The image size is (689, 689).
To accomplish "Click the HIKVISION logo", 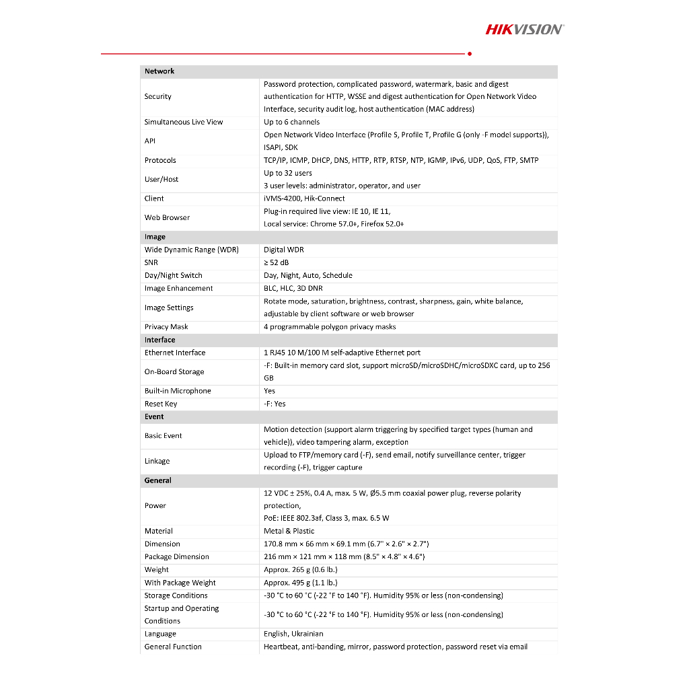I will point(525,29).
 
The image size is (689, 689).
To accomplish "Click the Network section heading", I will point(159,71).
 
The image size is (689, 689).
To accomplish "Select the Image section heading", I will point(155,237).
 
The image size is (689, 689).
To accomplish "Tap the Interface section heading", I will point(159,340).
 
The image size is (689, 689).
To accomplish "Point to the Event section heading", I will point(154,416).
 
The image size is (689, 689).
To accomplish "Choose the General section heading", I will point(158,480).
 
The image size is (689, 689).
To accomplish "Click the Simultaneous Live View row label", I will point(184,122).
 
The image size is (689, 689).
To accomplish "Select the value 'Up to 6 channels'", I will point(292,122).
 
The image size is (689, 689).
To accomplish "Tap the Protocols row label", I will point(160,160).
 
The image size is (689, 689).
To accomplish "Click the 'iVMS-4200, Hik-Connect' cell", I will point(304,198).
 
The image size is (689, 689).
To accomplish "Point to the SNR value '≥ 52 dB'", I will point(276,262).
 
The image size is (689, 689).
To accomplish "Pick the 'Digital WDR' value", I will point(284,250).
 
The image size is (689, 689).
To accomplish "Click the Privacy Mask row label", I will point(166,327).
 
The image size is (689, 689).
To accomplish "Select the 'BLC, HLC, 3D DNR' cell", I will point(294,288).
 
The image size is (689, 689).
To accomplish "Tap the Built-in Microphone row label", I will point(178,391).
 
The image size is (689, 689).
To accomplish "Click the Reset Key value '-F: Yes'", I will point(275,404).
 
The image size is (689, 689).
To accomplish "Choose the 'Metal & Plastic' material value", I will point(289,531).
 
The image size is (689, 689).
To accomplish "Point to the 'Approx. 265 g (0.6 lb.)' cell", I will point(301,570).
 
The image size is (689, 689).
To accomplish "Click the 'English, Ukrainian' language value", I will point(293,634).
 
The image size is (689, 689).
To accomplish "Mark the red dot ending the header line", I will point(469,53).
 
